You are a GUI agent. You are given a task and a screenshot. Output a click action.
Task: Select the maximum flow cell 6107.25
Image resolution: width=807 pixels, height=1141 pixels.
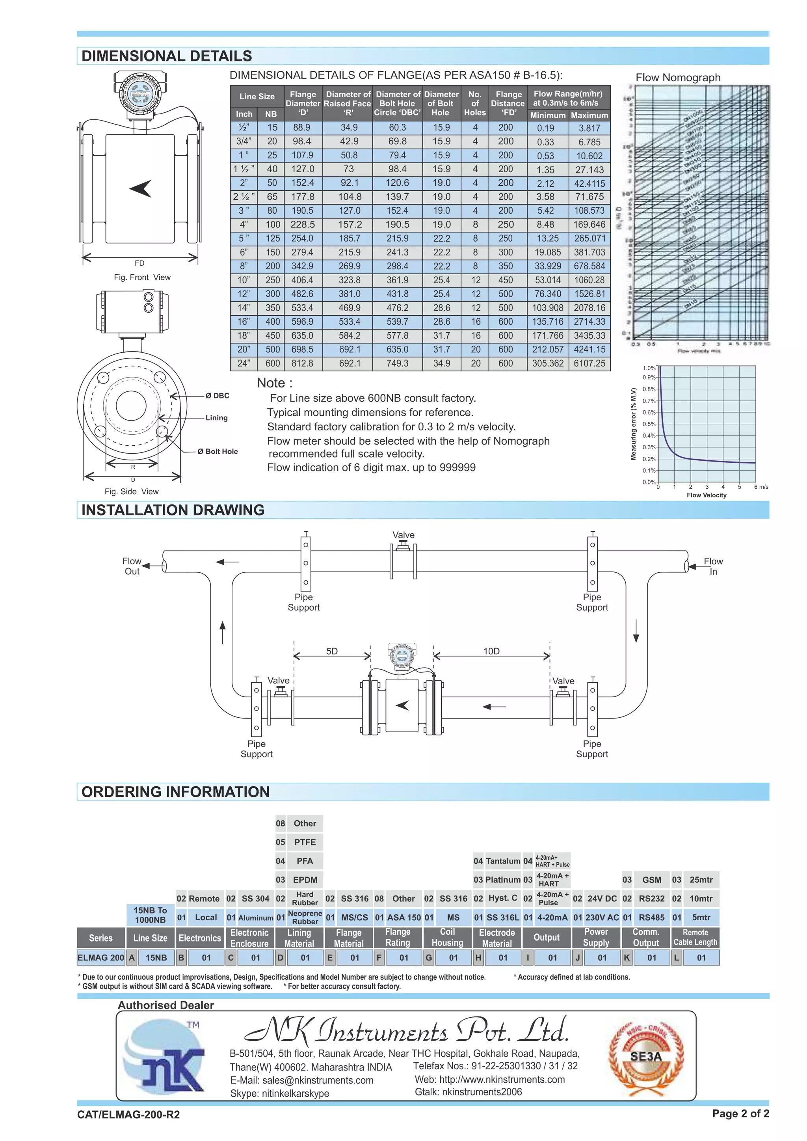point(589,363)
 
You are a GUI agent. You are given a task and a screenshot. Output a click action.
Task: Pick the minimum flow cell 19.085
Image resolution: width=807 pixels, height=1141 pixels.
point(548,253)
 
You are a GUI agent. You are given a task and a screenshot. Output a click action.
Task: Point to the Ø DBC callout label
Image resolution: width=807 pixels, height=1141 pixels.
point(217,396)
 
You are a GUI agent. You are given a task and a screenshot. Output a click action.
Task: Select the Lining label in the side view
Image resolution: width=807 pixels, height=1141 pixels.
point(217,418)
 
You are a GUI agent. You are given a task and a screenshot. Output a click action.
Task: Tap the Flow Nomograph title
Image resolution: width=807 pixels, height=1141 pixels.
point(678,78)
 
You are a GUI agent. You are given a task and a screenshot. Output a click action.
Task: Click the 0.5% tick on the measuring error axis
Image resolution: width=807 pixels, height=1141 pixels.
point(649,424)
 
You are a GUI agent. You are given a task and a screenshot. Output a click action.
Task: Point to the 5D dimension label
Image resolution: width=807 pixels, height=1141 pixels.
point(332,651)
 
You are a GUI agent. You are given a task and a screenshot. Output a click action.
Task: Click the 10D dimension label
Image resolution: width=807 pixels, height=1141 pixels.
point(491,651)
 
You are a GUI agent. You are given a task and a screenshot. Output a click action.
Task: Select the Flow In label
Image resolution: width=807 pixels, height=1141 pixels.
point(713,566)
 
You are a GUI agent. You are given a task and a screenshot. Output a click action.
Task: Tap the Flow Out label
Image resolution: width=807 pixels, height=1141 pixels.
point(132,566)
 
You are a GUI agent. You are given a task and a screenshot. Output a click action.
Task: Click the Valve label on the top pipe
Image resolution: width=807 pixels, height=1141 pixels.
point(403,535)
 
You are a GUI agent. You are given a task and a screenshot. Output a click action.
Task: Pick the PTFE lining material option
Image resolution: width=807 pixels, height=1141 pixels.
point(305,842)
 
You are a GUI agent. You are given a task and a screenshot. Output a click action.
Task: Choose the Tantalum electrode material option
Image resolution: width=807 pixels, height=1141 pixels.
point(503,861)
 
